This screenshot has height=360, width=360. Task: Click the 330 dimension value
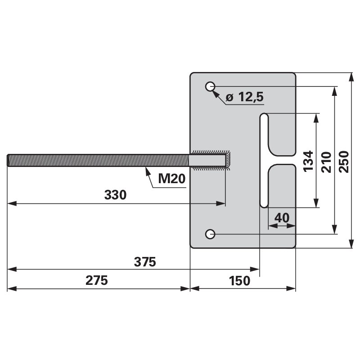pos(115,195)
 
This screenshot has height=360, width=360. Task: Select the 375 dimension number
pos(145,262)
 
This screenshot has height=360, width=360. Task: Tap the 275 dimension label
pos(97,280)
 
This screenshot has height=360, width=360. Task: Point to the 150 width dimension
pos(239,281)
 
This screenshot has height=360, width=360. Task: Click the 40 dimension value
pos(282,218)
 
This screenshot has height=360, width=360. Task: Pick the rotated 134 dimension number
pos(308,161)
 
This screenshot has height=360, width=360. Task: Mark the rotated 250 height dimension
pos(344,162)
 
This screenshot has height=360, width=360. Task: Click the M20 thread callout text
pos(172,178)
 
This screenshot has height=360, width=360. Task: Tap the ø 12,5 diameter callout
pos(245,97)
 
